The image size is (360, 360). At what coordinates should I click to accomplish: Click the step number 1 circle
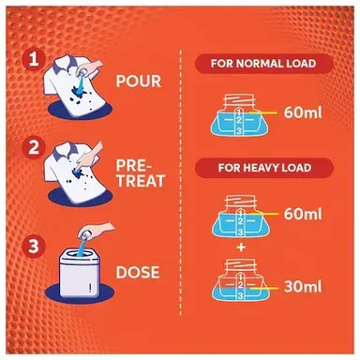pyautogui.click(x=34, y=59)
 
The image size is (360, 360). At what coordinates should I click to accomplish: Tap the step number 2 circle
pyautogui.click(x=34, y=148)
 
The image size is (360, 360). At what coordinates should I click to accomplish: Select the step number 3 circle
pyautogui.click(x=34, y=246)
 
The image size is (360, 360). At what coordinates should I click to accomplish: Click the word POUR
pyautogui.click(x=138, y=82)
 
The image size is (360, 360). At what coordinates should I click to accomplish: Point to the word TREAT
pyautogui.click(x=141, y=181)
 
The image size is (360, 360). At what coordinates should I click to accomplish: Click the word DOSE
pyautogui.click(x=138, y=272)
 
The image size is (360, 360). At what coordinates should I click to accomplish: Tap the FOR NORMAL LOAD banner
pyautogui.click(x=263, y=64)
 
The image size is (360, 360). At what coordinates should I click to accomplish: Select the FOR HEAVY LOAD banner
pyautogui.click(x=264, y=168)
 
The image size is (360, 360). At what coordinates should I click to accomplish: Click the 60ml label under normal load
pyautogui.click(x=303, y=112)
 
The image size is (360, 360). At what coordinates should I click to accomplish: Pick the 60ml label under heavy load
pyautogui.click(x=303, y=214)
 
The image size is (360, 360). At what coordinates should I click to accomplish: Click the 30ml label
pyautogui.click(x=303, y=287)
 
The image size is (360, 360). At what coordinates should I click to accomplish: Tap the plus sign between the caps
pyautogui.click(x=241, y=247)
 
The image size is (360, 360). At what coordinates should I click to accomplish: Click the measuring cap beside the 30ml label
pyautogui.click(x=240, y=279)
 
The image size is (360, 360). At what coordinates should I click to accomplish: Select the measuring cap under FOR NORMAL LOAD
pyautogui.click(x=239, y=115)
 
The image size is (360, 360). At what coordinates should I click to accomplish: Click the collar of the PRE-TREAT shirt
pyautogui.click(x=64, y=152)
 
